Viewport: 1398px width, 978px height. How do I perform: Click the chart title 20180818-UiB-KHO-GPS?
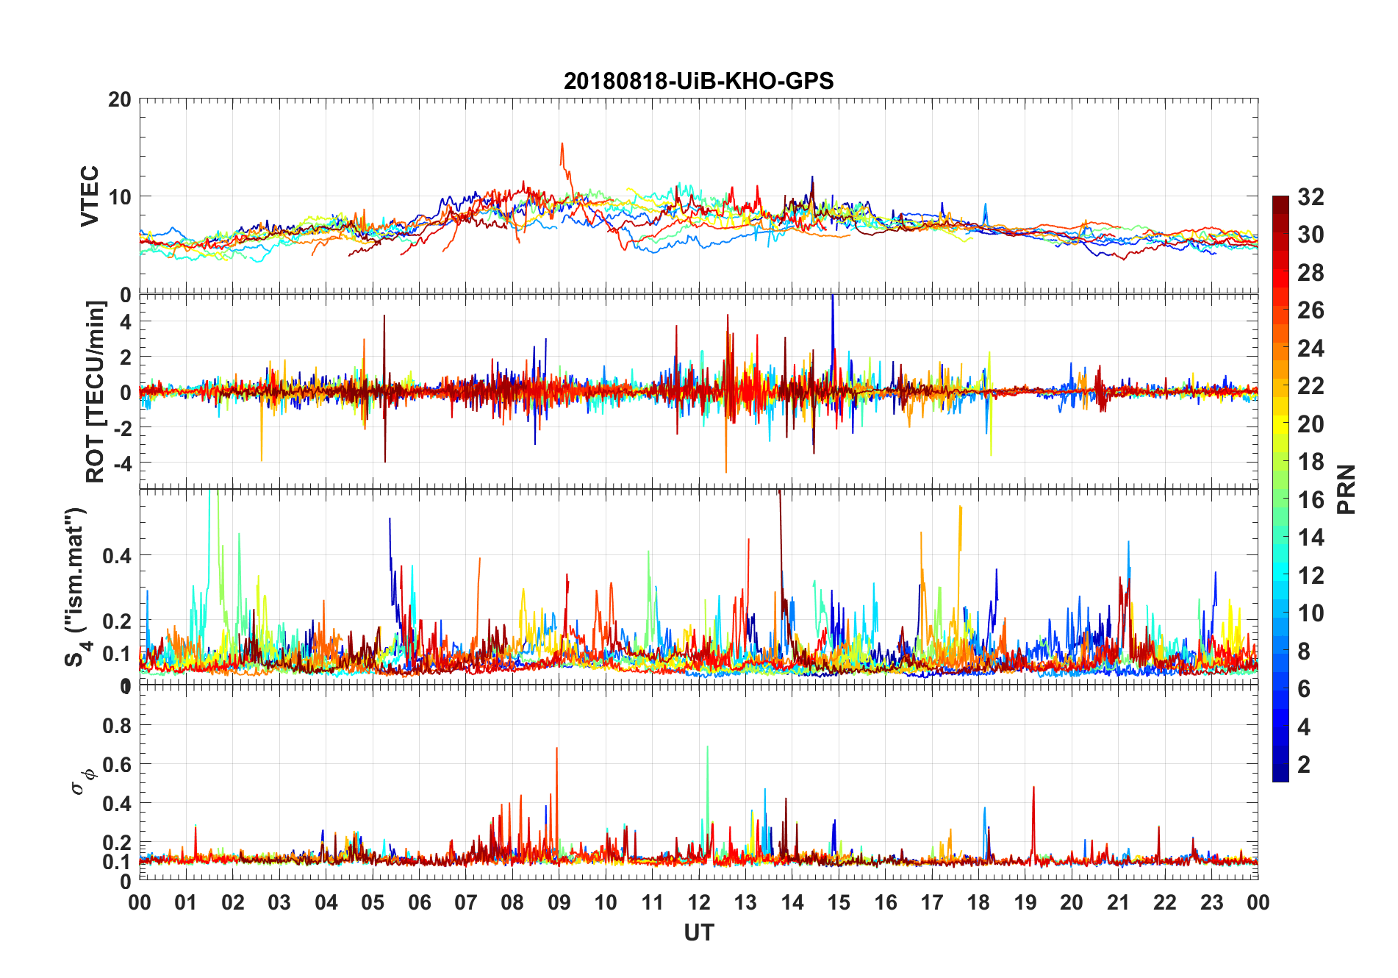pyautogui.click(x=698, y=81)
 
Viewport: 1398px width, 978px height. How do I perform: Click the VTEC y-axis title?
pyautogui.click(x=90, y=196)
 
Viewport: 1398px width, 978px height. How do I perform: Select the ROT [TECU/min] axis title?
pyautogui.click(x=96, y=391)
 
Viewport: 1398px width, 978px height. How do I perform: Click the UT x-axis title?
pyautogui.click(x=698, y=933)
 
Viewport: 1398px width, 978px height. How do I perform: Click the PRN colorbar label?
pyautogui.click(x=1346, y=489)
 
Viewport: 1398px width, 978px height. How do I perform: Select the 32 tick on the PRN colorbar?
pyautogui.click(x=1311, y=197)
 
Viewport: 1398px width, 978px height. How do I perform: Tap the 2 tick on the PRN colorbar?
pyautogui.click(x=1304, y=765)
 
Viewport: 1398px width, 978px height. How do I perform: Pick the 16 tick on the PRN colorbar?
pyautogui.click(x=1311, y=500)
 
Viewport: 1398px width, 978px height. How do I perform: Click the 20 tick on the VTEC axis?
pyautogui.click(x=120, y=99)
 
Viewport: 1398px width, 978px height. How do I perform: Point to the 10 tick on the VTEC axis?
pyautogui.click(x=120, y=197)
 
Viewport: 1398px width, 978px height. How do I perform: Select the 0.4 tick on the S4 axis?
pyautogui.click(x=117, y=556)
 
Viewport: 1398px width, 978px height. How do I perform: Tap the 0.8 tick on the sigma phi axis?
pyautogui.click(x=118, y=726)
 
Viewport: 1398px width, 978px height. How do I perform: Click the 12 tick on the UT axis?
pyautogui.click(x=699, y=903)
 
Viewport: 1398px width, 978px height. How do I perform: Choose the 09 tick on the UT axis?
pyautogui.click(x=559, y=903)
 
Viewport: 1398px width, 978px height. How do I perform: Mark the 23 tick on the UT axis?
pyautogui.click(x=1211, y=903)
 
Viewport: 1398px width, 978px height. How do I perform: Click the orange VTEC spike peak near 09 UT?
pyautogui.click(x=562, y=143)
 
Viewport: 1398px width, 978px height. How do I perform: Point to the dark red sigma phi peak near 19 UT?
pyautogui.click(x=1033, y=788)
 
